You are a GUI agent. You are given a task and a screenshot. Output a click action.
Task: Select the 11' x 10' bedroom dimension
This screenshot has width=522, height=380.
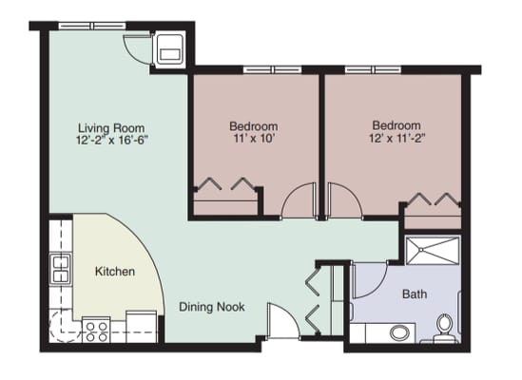click(x=253, y=140)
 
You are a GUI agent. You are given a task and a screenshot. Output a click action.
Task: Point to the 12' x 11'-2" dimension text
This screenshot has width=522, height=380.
click(x=396, y=140)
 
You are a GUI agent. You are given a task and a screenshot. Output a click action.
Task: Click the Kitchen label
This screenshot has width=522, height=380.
click(x=115, y=272)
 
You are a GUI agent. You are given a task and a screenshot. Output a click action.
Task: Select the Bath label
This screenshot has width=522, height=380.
click(x=414, y=294)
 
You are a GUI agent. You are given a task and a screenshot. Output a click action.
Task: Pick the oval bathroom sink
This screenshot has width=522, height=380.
click(x=400, y=333)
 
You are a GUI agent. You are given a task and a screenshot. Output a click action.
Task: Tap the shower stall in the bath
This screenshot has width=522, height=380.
click(x=432, y=251)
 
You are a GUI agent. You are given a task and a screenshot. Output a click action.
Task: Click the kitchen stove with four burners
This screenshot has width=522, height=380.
click(x=96, y=330)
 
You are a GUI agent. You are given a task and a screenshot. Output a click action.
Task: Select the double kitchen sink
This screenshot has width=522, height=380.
click(x=61, y=270)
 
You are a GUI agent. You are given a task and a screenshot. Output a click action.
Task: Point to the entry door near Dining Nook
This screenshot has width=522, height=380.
click(x=281, y=321)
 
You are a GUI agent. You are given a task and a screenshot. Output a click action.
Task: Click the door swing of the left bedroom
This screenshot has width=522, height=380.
click(x=299, y=199)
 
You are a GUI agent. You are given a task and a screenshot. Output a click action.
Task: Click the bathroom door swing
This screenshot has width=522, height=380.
click(x=367, y=280)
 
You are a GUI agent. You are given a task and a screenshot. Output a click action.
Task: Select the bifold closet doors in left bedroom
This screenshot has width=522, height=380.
click(x=225, y=185)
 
